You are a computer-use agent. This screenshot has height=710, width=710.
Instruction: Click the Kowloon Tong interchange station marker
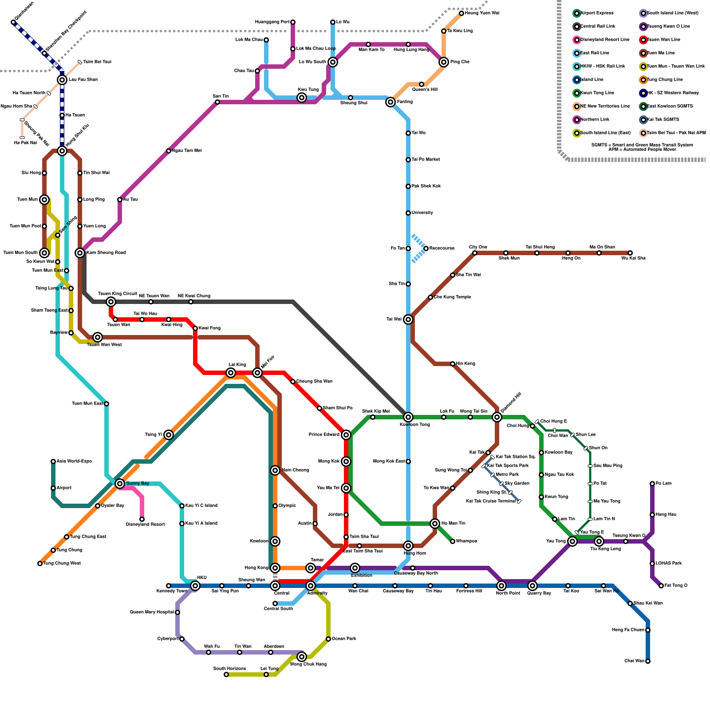coord(408,417)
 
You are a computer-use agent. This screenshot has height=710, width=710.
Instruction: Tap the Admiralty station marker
coord(311,586)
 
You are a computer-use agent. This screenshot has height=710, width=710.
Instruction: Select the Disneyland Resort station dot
coord(142,519)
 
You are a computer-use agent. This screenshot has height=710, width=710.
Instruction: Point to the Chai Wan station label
coord(634,661)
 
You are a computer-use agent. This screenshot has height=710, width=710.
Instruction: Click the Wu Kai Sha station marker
coord(630,253)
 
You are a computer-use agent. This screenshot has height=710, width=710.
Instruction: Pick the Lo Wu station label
coord(343,22)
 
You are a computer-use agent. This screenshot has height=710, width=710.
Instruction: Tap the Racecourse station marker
coord(426,248)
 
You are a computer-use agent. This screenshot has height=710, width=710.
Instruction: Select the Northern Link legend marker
coord(577,120)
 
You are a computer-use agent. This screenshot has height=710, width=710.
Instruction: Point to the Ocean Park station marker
coord(328,639)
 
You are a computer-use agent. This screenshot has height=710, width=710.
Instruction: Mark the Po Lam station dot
coord(652,484)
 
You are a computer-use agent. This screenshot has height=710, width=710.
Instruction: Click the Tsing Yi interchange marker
coord(169,435)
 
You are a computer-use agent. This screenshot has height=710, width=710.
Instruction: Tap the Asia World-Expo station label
coord(74,461)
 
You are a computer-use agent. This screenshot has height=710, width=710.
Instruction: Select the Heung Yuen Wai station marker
coord(461,13)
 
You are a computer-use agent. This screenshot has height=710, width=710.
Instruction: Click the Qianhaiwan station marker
coord(13,22)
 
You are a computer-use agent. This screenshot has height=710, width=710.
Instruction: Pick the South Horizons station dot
coord(226,674)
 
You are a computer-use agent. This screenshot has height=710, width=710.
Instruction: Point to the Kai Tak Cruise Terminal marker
coord(519,501)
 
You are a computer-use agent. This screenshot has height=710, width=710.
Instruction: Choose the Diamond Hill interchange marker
coord(497,417)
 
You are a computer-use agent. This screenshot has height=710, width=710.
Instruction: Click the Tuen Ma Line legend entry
coord(661,53)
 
